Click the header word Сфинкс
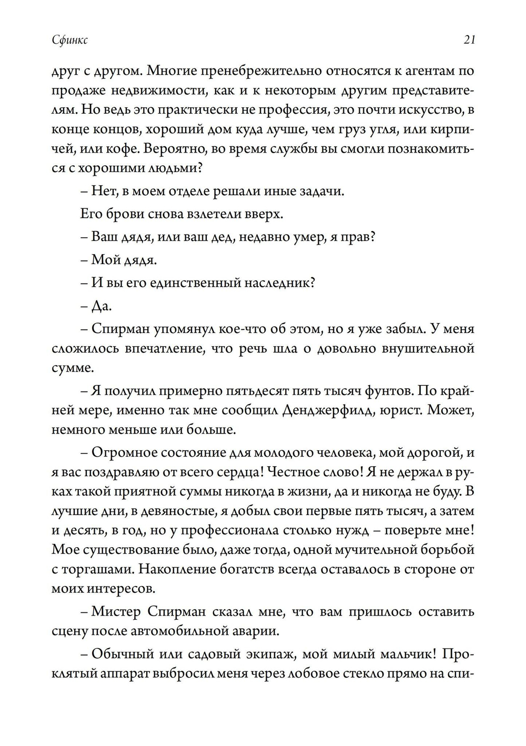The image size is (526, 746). [70, 40]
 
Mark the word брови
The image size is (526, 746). [123, 214]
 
